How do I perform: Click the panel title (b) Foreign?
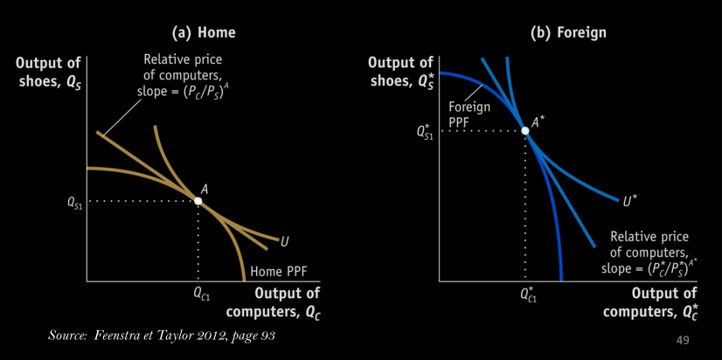tap(569, 32)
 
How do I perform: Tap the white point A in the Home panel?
tap(198, 201)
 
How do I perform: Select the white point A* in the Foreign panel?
tap(525, 131)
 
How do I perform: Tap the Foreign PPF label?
tap(469, 114)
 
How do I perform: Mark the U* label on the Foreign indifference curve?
tap(629, 202)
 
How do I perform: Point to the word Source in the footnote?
tap(68, 336)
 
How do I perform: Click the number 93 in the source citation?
tap(267, 336)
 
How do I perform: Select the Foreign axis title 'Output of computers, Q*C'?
tap(655, 301)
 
